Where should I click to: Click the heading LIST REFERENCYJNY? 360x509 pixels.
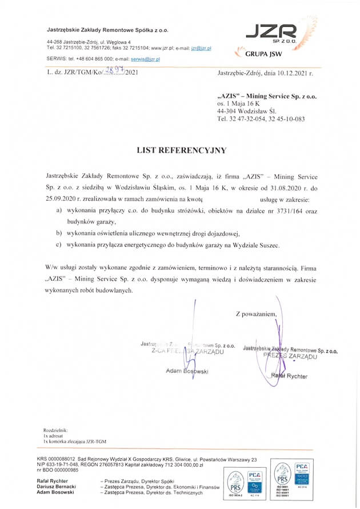[x=181, y=150]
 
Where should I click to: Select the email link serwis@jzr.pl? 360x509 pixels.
[x=145, y=59]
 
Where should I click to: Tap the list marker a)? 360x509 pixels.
[x=59, y=211]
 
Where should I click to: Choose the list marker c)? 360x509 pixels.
[x=59, y=245]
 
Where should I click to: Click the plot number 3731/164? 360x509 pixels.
[x=278, y=211]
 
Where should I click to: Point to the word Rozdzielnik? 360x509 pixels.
[x=55, y=430]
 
